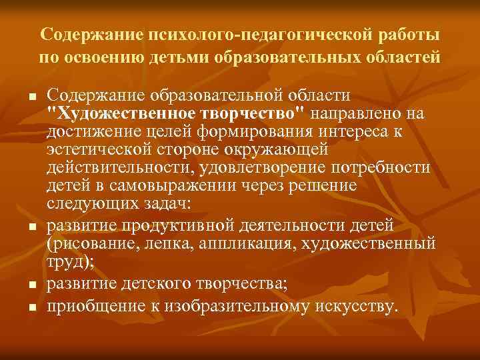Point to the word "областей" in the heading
(x=406, y=56)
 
